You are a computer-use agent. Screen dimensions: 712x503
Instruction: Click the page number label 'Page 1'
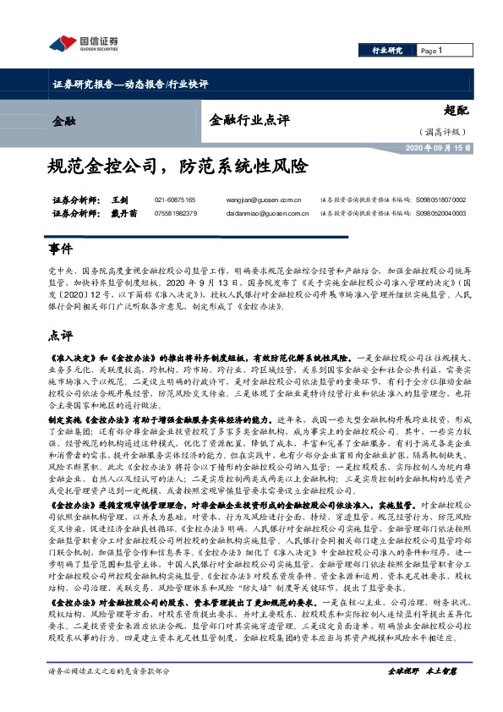[430, 52]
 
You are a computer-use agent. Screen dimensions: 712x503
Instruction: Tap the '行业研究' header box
[387, 52]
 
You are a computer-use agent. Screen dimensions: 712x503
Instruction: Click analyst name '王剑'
[119, 200]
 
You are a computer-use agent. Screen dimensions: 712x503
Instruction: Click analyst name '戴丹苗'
[123, 213]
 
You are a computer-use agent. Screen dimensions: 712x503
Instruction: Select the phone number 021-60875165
[175, 200]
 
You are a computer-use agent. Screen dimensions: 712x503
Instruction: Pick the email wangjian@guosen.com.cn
[265, 200]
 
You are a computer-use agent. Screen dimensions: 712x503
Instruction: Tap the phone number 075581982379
[175, 213]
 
